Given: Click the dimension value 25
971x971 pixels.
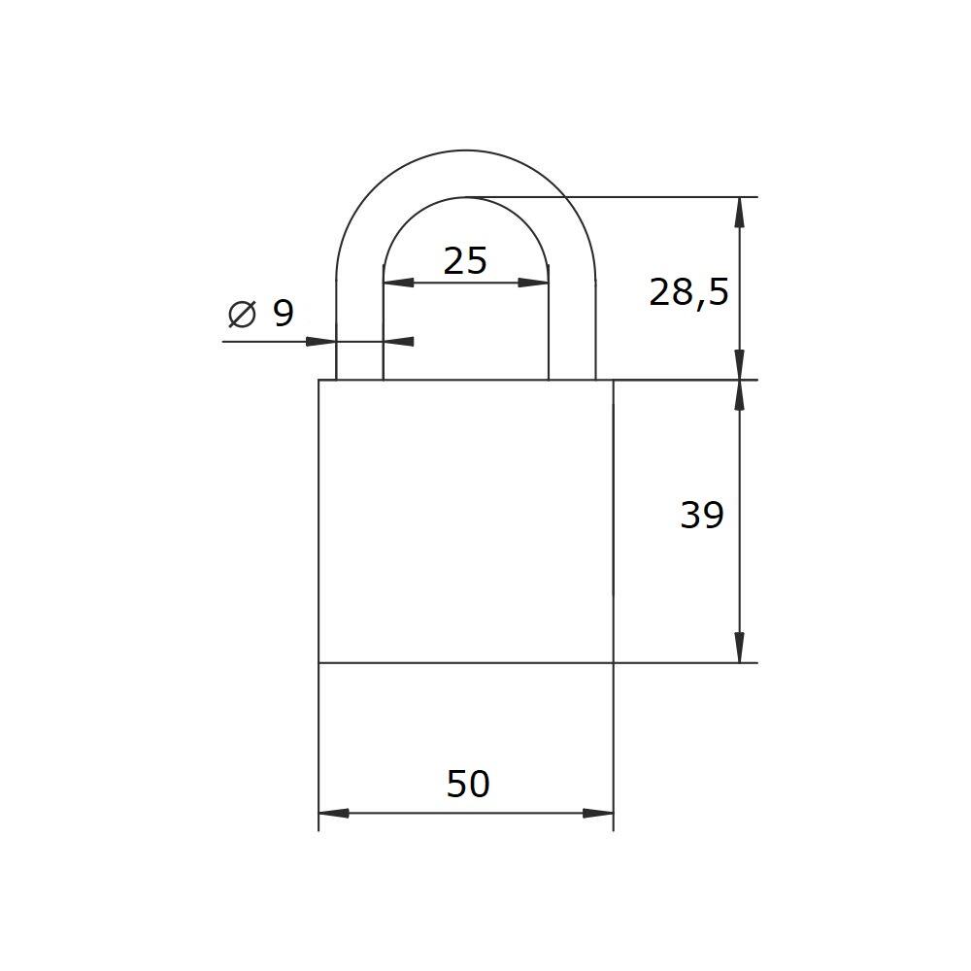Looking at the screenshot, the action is pyautogui.click(x=466, y=260).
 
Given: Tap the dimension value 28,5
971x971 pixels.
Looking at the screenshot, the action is pyautogui.click(x=688, y=293).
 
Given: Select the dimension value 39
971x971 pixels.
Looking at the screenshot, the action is pyautogui.click(x=702, y=516).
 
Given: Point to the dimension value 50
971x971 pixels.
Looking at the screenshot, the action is pyautogui.click(x=468, y=784).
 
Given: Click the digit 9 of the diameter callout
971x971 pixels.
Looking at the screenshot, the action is pyautogui.click(x=283, y=314).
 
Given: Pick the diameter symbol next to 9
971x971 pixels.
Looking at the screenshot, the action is pyautogui.click(x=242, y=314).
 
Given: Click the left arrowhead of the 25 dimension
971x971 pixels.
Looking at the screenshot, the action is pyautogui.click(x=398, y=283).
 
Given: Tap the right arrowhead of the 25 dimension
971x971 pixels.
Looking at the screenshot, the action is pyautogui.click(x=533, y=283).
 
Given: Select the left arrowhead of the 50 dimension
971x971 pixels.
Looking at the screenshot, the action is pyautogui.click(x=334, y=813).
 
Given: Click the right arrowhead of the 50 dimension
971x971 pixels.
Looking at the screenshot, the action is pyautogui.click(x=598, y=813).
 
